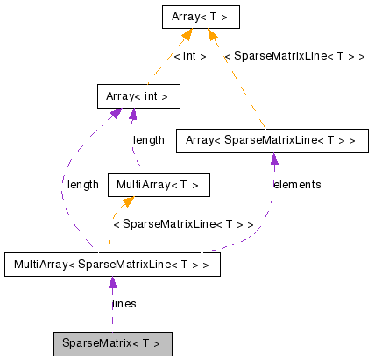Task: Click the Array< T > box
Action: (x=201, y=16)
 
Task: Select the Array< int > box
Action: (x=138, y=95)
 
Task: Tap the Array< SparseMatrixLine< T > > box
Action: (x=272, y=140)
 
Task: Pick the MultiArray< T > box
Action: (x=159, y=185)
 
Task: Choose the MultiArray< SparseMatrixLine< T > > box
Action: (x=112, y=265)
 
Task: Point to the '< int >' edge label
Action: (x=190, y=56)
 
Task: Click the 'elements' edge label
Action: (x=297, y=185)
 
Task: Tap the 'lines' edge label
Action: (x=124, y=304)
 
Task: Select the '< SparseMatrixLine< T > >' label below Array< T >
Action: (x=294, y=56)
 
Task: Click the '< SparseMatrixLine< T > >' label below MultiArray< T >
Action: (x=183, y=224)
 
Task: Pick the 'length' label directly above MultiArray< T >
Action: (x=148, y=140)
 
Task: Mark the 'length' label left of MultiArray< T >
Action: (x=83, y=185)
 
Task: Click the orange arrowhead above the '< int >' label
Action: (x=187, y=35)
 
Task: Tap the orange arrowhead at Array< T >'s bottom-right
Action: (x=214, y=35)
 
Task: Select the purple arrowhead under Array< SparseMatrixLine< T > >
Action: (x=274, y=159)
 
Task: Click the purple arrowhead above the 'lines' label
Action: (x=112, y=284)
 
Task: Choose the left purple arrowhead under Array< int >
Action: (x=116, y=115)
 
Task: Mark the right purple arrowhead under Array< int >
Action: (x=132, y=115)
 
